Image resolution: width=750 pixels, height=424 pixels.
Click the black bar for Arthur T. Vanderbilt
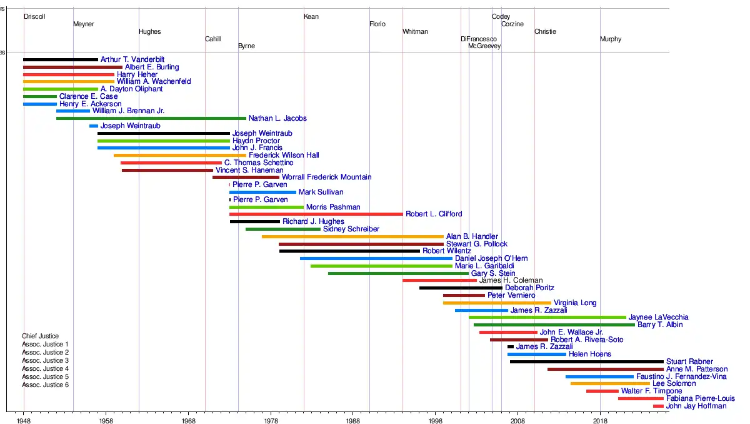(x=61, y=60)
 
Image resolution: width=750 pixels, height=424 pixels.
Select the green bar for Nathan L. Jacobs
(x=151, y=118)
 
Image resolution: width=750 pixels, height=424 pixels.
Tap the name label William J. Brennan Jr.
(x=128, y=111)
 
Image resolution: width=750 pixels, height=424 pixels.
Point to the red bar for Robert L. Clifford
(x=316, y=214)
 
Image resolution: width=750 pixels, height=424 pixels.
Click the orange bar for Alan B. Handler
(x=352, y=236)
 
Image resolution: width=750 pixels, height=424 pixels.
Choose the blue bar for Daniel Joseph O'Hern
(x=376, y=258)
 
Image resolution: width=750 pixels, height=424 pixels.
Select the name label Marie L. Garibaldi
(x=484, y=266)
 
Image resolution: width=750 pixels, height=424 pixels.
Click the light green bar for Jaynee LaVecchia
(x=547, y=318)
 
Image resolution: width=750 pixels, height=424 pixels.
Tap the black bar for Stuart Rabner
(x=586, y=361)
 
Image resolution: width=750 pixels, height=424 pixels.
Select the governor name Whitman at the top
(x=415, y=32)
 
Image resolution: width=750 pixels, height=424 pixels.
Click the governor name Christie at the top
(x=545, y=32)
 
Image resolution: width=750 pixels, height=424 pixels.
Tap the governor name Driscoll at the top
(x=34, y=17)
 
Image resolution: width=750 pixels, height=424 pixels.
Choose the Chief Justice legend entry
(x=40, y=336)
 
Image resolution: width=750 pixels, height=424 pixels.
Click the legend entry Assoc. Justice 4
(x=45, y=369)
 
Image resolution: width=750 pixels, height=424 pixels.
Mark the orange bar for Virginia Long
(x=497, y=303)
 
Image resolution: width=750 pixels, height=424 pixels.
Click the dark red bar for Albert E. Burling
(x=72, y=67)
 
